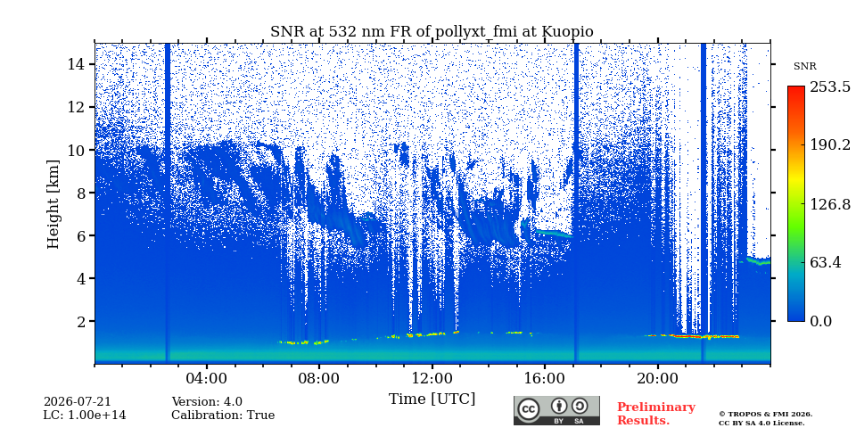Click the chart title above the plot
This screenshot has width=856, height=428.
[x=432, y=32]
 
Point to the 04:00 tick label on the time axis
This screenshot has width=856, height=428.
[x=206, y=379]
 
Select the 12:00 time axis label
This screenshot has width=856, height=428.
[x=432, y=379]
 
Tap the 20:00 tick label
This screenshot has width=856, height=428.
[x=658, y=379]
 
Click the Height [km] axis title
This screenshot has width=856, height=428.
[x=53, y=204]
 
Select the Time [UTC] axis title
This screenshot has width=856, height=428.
[x=432, y=399]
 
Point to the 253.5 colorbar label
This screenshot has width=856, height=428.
[x=829, y=86]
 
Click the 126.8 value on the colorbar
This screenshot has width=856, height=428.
[x=829, y=204]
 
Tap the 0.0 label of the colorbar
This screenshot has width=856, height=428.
[x=821, y=321]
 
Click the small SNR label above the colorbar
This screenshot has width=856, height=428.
[x=804, y=67]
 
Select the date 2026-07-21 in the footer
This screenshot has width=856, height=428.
[x=77, y=402]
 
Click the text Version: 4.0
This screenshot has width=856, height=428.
[x=207, y=402]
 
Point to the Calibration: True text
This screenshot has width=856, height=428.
[x=223, y=416]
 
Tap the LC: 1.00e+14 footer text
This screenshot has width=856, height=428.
[x=85, y=416]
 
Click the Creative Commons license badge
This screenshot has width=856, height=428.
[x=556, y=410]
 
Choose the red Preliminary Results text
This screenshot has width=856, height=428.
[x=656, y=414]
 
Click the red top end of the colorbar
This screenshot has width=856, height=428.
[x=796, y=88]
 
